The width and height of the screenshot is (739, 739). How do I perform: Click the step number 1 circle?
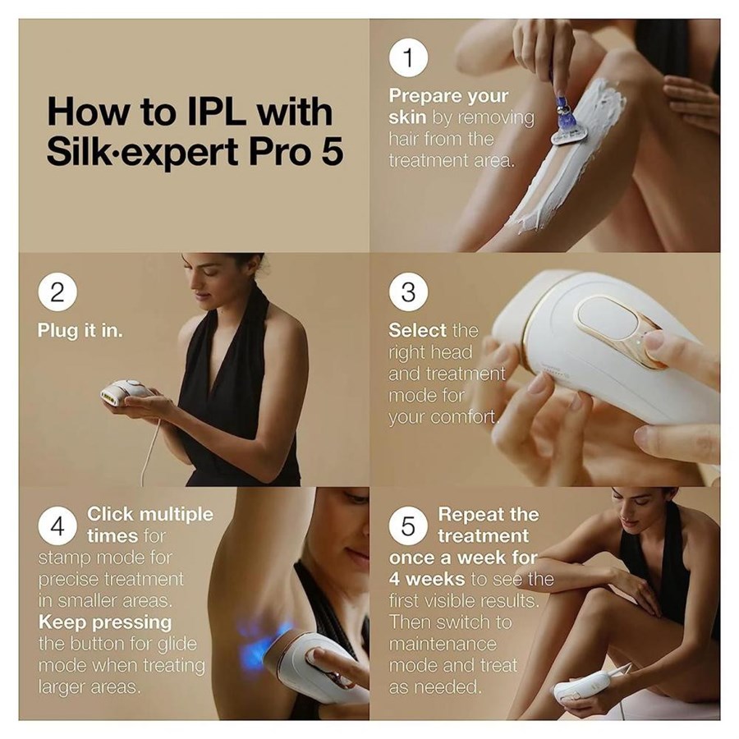point(408,57)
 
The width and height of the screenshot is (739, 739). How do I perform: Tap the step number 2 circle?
point(57,291)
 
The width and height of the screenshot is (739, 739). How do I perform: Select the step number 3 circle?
point(408,291)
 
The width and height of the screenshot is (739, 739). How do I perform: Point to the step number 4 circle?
point(57,526)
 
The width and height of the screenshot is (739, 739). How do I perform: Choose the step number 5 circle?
point(408,526)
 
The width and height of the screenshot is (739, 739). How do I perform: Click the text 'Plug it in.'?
point(80,330)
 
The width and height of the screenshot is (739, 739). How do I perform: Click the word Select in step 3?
point(418,330)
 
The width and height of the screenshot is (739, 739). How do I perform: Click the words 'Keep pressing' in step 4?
point(105,622)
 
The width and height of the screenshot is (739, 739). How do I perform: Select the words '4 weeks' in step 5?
point(427,579)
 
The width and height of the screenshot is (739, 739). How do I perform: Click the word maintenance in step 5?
point(443,645)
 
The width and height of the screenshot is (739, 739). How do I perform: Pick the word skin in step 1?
point(407,117)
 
